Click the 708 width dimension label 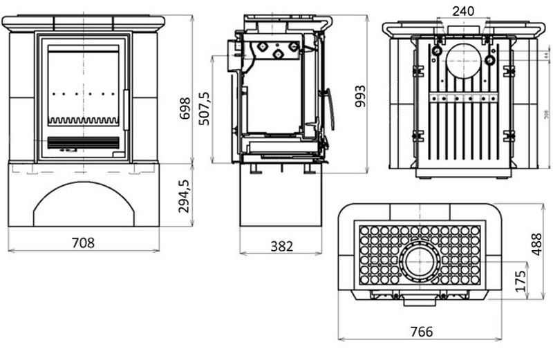pos(83,243)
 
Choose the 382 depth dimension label pos(281,245)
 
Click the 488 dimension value pos(537,243)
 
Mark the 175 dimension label pos(522,280)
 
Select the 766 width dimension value pos(421,332)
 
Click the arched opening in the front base pos(83,207)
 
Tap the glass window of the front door pos(83,83)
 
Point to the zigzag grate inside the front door pos(83,120)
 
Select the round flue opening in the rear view pos(462,61)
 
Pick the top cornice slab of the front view pos(83,23)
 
